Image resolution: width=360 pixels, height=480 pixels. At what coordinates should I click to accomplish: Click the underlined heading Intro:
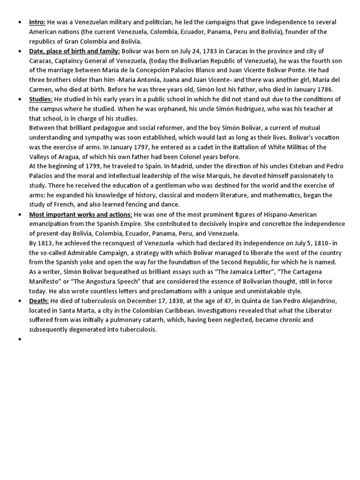(x=37, y=22)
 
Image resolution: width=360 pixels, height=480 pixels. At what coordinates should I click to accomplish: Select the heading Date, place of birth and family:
(x=75, y=51)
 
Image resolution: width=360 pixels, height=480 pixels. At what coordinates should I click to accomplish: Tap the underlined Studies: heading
(x=41, y=99)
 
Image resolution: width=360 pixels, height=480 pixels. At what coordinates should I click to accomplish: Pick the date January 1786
(x=315, y=90)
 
